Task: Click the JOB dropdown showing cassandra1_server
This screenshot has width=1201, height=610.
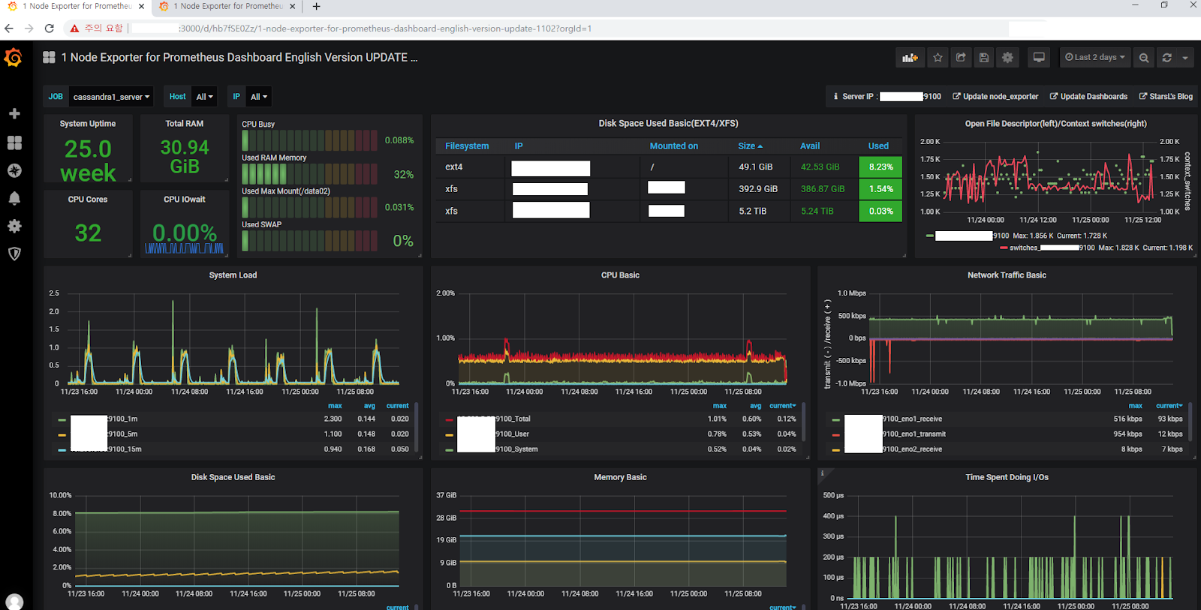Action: click(x=111, y=97)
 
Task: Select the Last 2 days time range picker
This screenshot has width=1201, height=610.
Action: click(x=1095, y=57)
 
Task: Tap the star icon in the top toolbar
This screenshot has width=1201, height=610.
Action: click(x=938, y=57)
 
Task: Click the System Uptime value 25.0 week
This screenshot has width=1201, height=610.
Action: click(x=88, y=161)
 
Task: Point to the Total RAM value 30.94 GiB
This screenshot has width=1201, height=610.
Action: click(x=185, y=157)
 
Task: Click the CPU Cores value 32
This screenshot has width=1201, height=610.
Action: click(x=88, y=233)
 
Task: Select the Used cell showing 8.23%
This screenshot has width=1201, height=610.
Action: click(x=880, y=167)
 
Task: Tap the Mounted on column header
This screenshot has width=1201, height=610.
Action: click(x=673, y=146)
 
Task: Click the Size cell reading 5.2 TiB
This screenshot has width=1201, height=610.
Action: click(x=752, y=212)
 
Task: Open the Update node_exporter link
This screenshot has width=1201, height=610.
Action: click(x=995, y=97)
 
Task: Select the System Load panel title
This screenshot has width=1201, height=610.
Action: click(x=233, y=275)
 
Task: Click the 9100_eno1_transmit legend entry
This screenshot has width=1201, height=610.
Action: click(x=914, y=434)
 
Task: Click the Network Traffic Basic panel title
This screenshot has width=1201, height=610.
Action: click(x=1007, y=275)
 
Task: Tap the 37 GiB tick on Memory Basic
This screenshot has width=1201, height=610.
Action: click(x=446, y=495)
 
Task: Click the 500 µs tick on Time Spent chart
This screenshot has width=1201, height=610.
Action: click(x=833, y=495)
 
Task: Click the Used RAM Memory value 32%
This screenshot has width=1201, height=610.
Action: click(x=403, y=175)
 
